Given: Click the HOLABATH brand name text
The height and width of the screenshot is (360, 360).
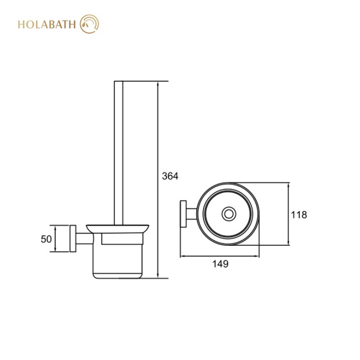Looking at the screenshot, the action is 47,25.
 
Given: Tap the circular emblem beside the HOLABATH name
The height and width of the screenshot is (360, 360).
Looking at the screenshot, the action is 89,24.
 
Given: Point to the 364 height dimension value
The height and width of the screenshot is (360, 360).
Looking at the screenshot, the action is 170,176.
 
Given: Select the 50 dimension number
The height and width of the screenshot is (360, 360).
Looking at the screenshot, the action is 46,239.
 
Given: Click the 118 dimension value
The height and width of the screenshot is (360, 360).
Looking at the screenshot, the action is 299,215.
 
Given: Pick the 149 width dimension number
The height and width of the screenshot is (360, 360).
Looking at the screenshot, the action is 220,264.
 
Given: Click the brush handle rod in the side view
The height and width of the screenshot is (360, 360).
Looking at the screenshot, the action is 119,153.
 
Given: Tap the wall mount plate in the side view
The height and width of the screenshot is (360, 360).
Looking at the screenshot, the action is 73,238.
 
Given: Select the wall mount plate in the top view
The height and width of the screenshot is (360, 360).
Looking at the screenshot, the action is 183,214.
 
